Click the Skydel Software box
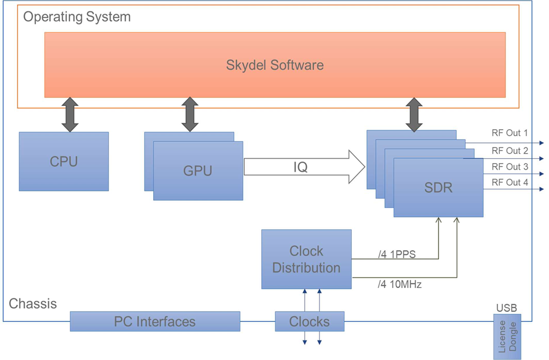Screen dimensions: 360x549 275,65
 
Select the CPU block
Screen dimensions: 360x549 64,161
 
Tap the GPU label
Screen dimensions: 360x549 198,171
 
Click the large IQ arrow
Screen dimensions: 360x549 303,167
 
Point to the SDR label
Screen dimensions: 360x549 438,188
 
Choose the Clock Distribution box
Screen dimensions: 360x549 306,260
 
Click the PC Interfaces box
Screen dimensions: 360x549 155,321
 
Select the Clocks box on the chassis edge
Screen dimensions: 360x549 310,321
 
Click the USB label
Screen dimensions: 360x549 506,308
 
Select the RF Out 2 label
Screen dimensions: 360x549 510,151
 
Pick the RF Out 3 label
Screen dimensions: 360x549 510,166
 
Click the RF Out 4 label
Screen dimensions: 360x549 510,182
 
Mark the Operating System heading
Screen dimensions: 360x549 77,16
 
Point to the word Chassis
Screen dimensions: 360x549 33,303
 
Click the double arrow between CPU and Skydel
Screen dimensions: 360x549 70,115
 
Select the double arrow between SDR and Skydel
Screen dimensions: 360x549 414,115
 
